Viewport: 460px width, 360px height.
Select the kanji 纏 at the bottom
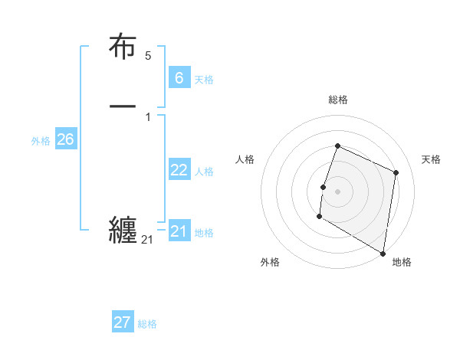(x=123, y=229)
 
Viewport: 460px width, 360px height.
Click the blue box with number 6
(x=179, y=78)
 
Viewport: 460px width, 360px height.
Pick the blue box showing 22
(x=179, y=170)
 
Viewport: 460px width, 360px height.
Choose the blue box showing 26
(x=65, y=139)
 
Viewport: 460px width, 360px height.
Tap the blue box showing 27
(x=123, y=322)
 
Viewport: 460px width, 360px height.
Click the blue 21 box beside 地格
(x=179, y=231)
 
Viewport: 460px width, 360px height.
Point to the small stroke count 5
(x=148, y=56)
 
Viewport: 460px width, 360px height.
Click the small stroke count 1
(x=148, y=117)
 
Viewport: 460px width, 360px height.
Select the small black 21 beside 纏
(x=147, y=240)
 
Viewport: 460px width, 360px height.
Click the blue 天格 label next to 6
(x=204, y=80)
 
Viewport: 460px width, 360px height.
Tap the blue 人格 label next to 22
(x=205, y=172)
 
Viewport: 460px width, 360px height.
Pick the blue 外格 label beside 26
(x=41, y=141)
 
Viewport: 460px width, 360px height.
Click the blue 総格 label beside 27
(x=147, y=324)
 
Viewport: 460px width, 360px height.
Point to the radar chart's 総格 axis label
(x=337, y=100)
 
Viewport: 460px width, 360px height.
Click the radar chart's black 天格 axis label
(x=431, y=159)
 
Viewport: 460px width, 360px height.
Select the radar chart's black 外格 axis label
(x=270, y=262)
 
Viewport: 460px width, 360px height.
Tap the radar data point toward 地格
(x=383, y=253)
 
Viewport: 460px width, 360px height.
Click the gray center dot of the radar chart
(x=337, y=191)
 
